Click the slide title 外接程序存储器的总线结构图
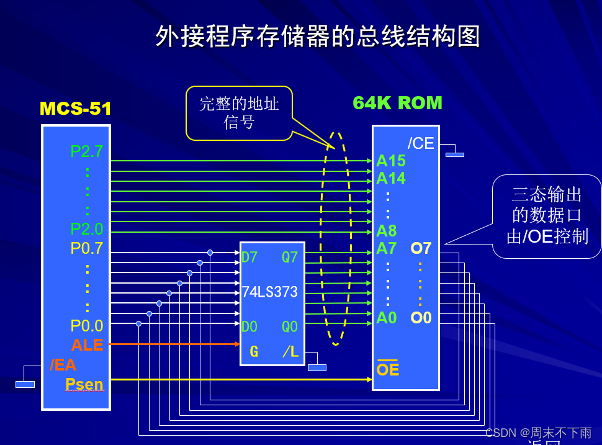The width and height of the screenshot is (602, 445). (x=318, y=37)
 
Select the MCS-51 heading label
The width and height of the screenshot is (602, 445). (x=75, y=109)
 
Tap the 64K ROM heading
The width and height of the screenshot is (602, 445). (x=397, y=103)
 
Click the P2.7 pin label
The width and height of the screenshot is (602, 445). (x=87, y=151)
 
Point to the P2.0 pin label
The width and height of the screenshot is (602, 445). (x=87, y=229)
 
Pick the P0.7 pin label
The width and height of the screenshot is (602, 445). (x=87, y=248)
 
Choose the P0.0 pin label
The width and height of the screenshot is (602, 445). (x=87, y=326)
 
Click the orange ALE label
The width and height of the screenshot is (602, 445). (x=87, y=345)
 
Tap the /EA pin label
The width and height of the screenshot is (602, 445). (x=63, y=365)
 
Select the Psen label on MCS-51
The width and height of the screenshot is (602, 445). (x=84, y=384)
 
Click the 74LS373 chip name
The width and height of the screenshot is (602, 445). (x=270, y=292)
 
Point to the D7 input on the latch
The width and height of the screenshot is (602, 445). (x=249, y=257)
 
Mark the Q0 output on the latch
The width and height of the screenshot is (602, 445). (x=290, y=326)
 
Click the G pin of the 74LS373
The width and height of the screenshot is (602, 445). (x=254, y=352)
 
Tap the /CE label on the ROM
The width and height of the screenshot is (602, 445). (x=421, y=143)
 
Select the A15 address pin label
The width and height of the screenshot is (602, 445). (x=391, y=161)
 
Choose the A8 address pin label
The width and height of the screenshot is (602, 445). (x=386, y=231)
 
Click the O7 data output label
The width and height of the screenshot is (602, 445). (x=421, y=249)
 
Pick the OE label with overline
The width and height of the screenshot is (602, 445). (x=388, y=370)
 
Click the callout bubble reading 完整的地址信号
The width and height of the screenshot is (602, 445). (x=239, y=112)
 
